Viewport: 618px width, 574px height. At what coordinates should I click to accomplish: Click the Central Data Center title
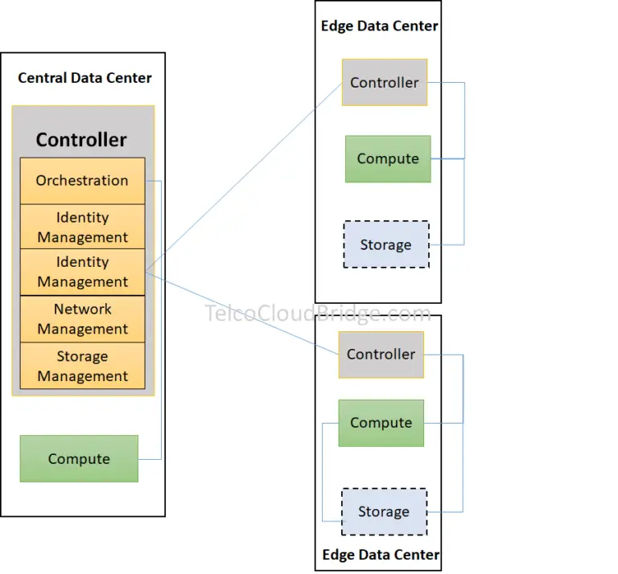point(84,78)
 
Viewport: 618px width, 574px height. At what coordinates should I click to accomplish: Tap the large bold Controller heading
point(81,140)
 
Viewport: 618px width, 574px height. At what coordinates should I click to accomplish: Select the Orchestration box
point(82,181)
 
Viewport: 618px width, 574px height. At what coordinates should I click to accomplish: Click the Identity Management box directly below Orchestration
point(82,227)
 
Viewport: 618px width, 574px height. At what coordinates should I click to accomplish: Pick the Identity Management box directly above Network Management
point(82,272)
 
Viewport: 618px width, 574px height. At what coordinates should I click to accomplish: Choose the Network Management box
point(82,319)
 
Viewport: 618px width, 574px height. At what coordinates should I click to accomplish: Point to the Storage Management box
point(82,366)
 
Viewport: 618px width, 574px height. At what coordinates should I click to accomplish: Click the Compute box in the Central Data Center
point(79,459)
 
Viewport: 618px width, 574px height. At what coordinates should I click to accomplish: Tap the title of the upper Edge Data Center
point(379,26)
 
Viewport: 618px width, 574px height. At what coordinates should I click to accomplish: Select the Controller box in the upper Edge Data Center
point(385,83)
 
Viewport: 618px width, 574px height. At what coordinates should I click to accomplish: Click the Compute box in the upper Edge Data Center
point(388,159)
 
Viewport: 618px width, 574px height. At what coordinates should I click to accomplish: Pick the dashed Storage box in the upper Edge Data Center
point(385,245)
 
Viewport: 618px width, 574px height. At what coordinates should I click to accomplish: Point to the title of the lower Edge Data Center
point(381,555)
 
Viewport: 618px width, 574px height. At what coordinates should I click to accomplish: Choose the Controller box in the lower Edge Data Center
point(381,355)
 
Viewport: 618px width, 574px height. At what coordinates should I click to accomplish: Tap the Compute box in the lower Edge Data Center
point(381,423)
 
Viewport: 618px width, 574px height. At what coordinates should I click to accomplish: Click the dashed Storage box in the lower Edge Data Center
point(384,512)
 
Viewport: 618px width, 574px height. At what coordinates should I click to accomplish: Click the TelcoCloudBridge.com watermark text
point(318,314)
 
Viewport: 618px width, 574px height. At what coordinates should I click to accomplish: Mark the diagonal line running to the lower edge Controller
point(241,313)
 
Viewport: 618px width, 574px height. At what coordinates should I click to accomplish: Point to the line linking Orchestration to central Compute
point(162,322)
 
